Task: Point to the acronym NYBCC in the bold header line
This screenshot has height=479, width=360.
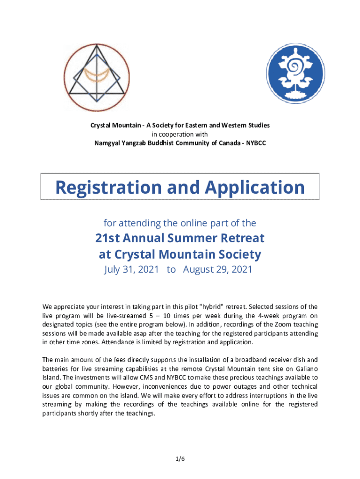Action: [255, 143]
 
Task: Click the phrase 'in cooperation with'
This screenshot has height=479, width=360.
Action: [180, 134]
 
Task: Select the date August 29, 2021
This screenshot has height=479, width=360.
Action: [218, 269]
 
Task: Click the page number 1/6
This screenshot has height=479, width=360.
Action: [180, 459]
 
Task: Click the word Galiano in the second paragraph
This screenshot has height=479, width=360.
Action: [306, 369]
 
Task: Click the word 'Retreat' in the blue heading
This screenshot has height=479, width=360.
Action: [244, 238]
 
